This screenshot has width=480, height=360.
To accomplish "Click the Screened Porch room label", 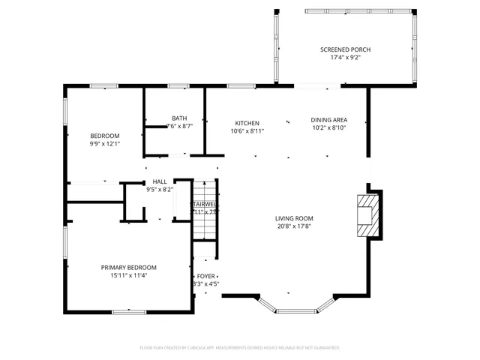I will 345,49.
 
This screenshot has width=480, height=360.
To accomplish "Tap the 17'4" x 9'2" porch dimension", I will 345,57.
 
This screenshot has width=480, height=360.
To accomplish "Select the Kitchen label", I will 247,123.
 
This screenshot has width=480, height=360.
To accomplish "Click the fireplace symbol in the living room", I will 368,215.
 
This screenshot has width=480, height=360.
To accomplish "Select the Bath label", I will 179,118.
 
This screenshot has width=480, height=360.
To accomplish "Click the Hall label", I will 160,181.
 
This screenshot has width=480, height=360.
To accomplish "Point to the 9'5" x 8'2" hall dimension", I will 160,189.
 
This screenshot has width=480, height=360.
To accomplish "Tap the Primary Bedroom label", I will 129,267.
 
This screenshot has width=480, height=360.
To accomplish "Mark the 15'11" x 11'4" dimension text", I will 129,274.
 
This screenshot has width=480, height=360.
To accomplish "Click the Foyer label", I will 205,276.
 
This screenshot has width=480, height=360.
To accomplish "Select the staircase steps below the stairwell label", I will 205,229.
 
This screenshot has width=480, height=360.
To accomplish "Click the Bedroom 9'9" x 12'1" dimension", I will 105,143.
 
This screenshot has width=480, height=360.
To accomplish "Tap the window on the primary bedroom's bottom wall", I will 128,310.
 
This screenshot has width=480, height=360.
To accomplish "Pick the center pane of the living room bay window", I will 296,310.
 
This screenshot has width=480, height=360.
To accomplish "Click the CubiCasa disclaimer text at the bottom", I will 240,348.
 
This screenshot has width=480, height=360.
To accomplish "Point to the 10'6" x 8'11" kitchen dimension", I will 247,130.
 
